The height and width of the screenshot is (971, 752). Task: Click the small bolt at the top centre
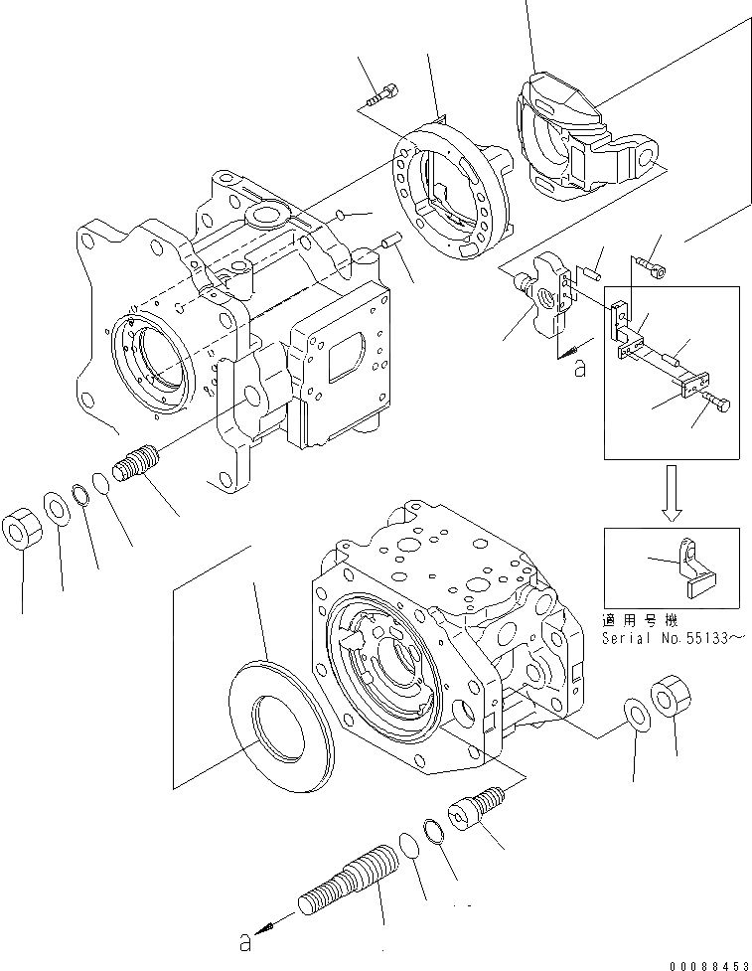pos(382,96)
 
